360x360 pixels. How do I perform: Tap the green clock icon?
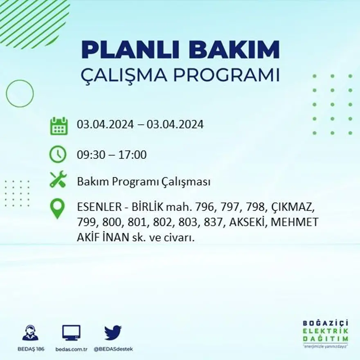(58, 155)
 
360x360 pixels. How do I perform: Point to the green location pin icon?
(57, 208)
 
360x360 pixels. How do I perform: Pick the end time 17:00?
(133, 155)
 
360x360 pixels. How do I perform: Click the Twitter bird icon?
(113, 332)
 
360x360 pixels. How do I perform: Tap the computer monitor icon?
(71, 332)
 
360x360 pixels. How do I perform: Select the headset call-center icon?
(30, 333)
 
